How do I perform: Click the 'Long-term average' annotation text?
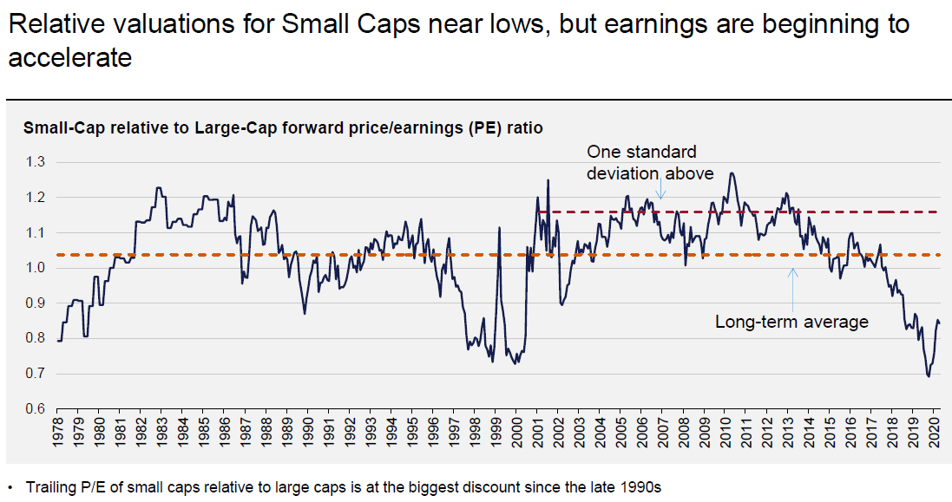click(791, 323)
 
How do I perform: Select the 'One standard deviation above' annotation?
click(650, 162)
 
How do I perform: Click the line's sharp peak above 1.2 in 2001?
click(548, 180)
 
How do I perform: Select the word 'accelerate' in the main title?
click(69, 58)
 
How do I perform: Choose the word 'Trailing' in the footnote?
click(50, 486)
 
